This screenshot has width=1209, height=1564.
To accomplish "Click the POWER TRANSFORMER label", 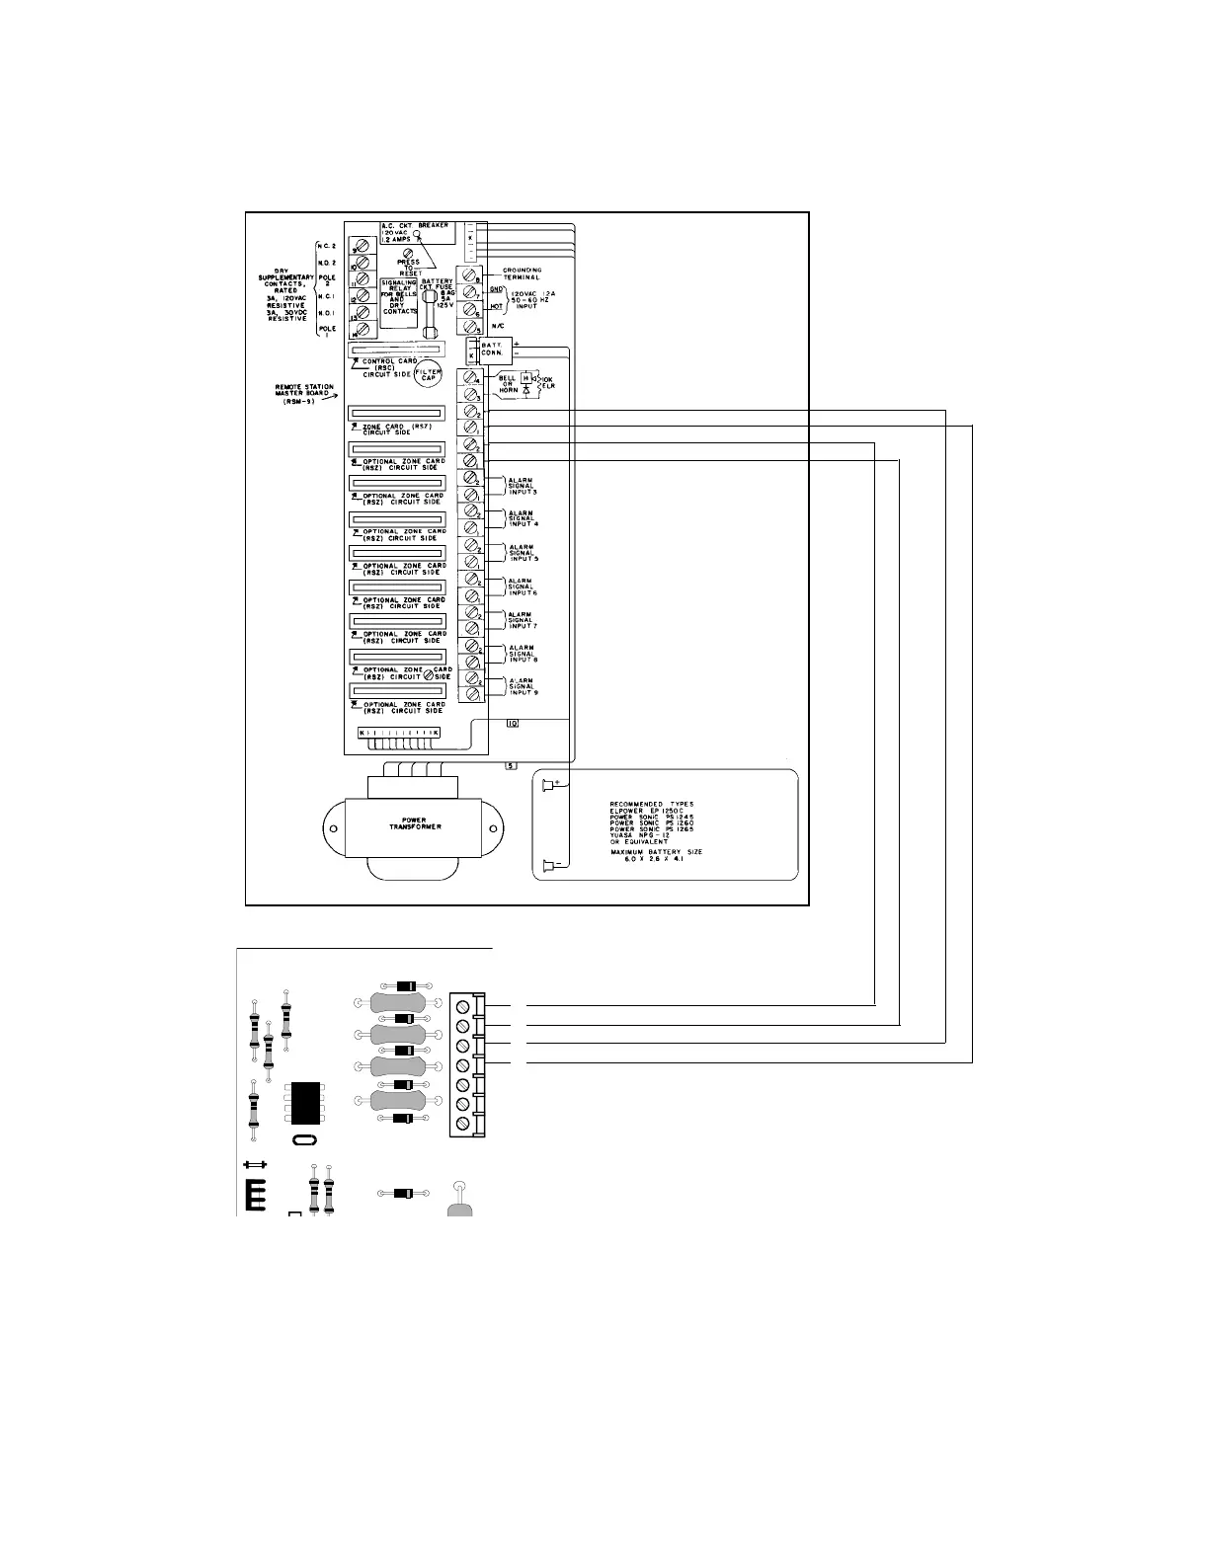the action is coord(415,823).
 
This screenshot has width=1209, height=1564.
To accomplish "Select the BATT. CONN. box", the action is coord(491,348).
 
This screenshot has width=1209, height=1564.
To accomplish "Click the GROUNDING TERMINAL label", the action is coord(522,274).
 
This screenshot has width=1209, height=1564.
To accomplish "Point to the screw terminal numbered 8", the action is coord(468,275).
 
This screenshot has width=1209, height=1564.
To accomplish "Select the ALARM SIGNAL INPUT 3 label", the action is coord(521,486).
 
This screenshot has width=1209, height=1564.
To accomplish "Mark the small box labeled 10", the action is coord(513,724).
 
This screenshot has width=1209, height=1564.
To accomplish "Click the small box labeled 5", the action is coord(511,765).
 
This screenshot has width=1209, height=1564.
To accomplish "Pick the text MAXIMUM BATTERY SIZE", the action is coord(655,852).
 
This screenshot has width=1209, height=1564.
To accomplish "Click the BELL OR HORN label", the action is coord(508,384).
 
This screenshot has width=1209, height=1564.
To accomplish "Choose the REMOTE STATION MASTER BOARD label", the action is coord(304,392).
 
